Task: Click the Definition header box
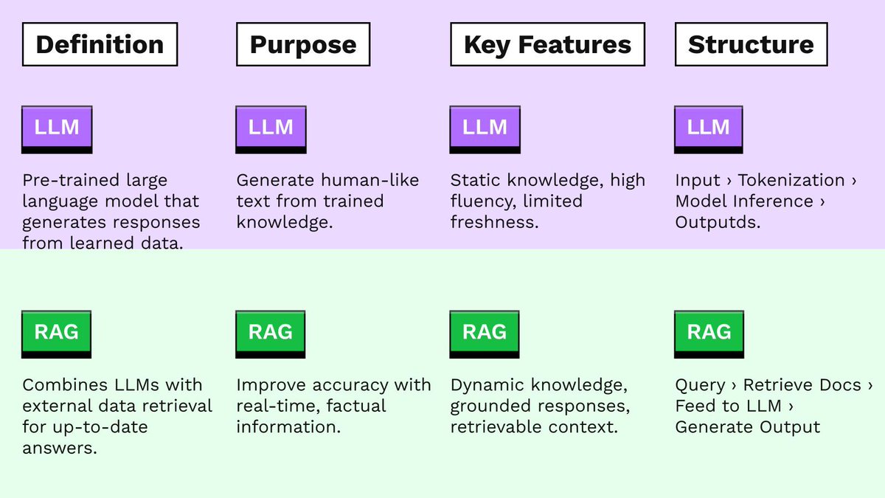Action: click(x=100, y=44)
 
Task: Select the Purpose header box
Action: click(x=303, y=44)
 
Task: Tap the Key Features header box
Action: click(x=547, y=44)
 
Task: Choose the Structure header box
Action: click(x=751, y=44)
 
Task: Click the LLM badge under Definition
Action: click(x=57, y=128)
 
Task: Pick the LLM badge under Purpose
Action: click(x=271, y=128)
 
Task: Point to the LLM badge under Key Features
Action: click(x=485, y=128)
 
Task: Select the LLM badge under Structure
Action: click(x=709, y=128)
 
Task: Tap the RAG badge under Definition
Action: click(x=57, y=333)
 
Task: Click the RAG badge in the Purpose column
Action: click(x=271, y=333)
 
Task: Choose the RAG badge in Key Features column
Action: click(x=485, y=333)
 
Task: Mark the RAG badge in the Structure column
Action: click(x=709, y=333)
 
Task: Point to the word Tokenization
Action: click(x=791, y=181)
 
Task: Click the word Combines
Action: click(x=62, y=385)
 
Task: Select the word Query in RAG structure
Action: click(x=700, y=385)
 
